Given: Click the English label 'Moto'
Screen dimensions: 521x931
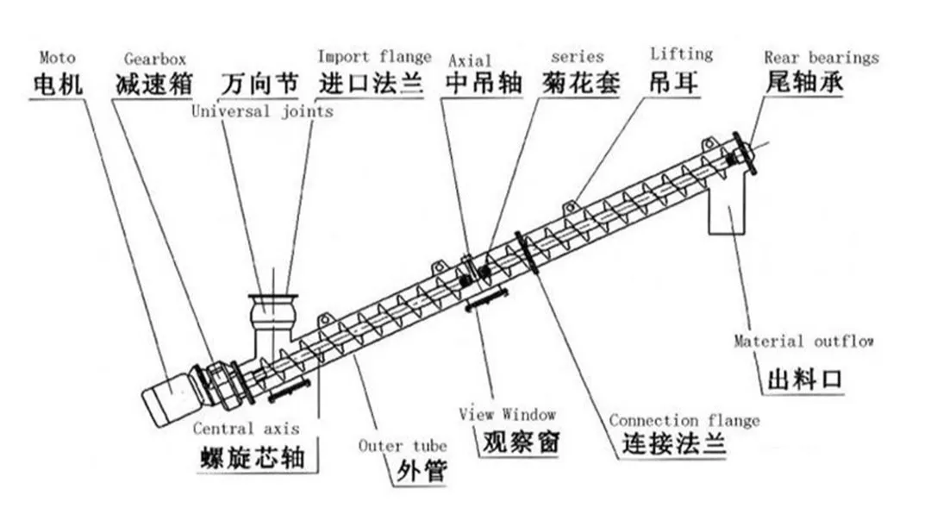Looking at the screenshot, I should (x=57, y=58).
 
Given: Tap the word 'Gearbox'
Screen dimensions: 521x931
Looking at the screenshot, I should (x=153, y=60).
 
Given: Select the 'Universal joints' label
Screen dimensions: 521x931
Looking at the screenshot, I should (x=262, y=111).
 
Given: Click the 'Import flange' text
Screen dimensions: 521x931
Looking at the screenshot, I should (x=374, y=57).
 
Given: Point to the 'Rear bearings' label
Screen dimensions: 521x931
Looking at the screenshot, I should (x=821, y=58).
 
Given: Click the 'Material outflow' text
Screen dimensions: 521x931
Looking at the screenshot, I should (x=803, y=342).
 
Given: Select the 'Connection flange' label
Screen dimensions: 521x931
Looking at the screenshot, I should (x=684, y=420).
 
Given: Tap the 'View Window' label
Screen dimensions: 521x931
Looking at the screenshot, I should (x=507, y=414).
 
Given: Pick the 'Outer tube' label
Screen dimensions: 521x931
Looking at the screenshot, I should (x=403, y=445).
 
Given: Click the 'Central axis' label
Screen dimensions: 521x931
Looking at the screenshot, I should (x=246, y=428).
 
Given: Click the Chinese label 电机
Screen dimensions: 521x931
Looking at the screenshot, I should (x=58, y=85).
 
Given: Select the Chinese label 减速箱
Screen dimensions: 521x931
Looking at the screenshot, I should (x=153, y=85).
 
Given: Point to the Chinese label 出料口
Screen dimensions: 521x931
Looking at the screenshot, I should (x=803, y=380).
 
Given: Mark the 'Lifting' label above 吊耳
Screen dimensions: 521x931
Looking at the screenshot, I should (x=681, y=54).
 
